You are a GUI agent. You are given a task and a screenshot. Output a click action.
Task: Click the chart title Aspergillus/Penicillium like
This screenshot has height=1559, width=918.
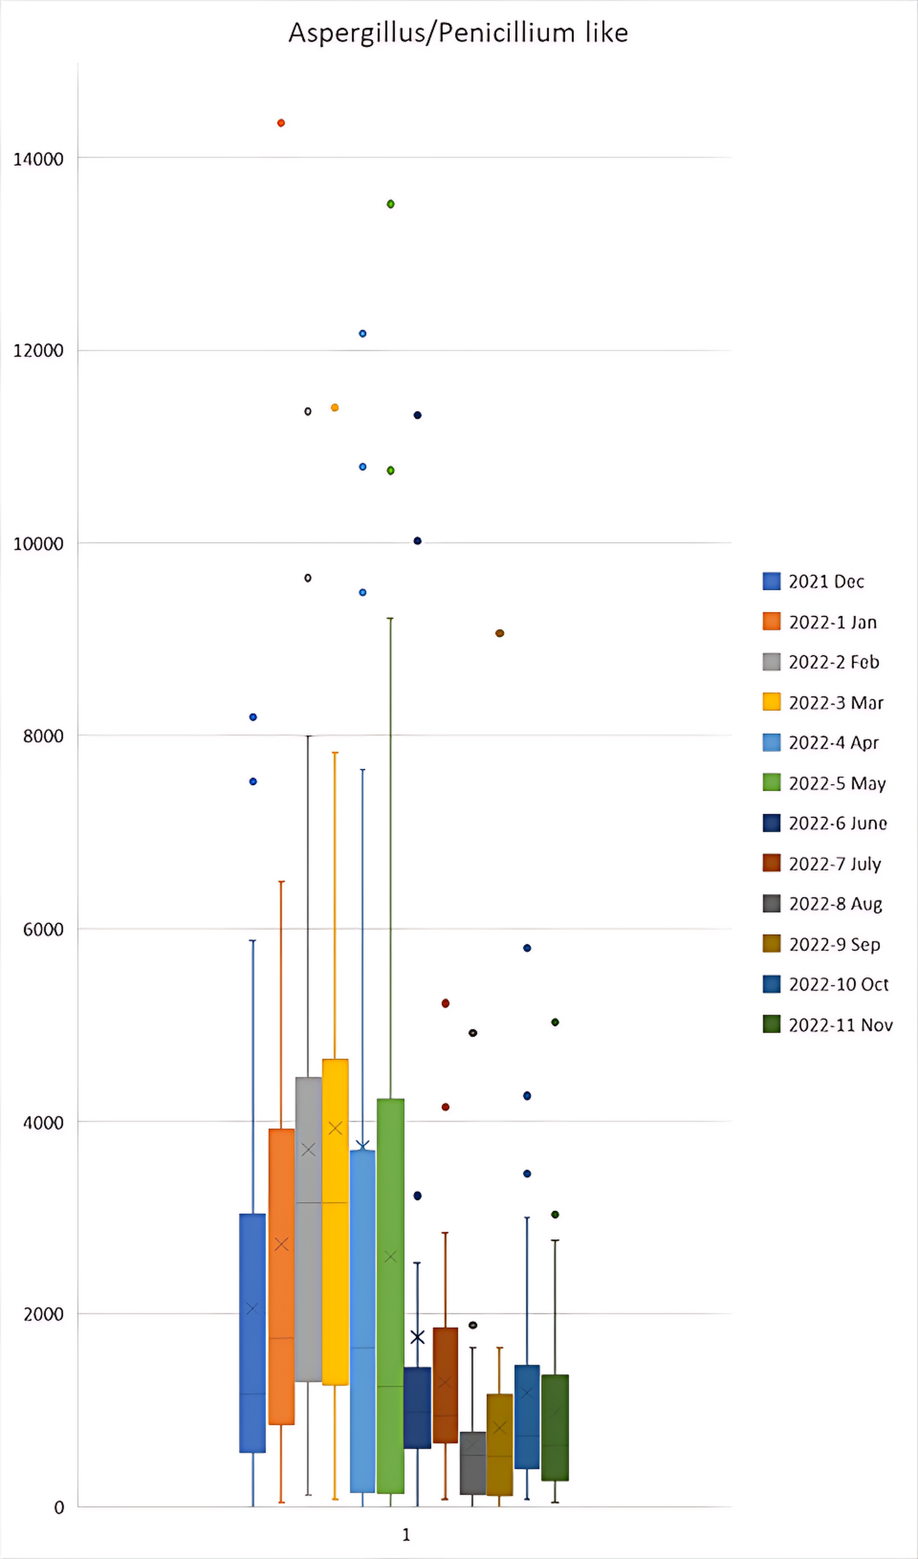point(458,33)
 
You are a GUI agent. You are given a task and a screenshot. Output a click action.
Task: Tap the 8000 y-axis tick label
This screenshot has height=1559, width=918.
point(43,736)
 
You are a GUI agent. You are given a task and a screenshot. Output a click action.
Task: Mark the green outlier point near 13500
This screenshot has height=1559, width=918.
point(390,204)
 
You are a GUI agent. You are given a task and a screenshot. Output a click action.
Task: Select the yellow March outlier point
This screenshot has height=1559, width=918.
point(335,408)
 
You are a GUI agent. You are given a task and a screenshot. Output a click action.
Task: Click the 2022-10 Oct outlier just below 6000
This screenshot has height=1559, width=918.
point(527,948)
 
